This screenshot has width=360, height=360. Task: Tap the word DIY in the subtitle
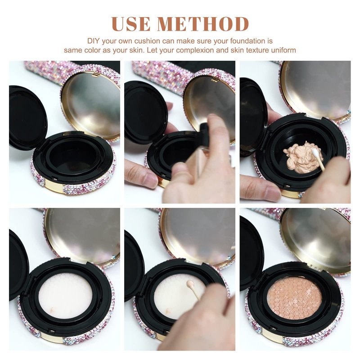pos(94,41)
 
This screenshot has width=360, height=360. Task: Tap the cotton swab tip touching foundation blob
pos(315,151)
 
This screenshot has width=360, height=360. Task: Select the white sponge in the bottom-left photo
pos(65,297)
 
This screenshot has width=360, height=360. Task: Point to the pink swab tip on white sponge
pos(190,284)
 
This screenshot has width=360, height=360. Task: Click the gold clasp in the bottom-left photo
pos(52,338)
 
